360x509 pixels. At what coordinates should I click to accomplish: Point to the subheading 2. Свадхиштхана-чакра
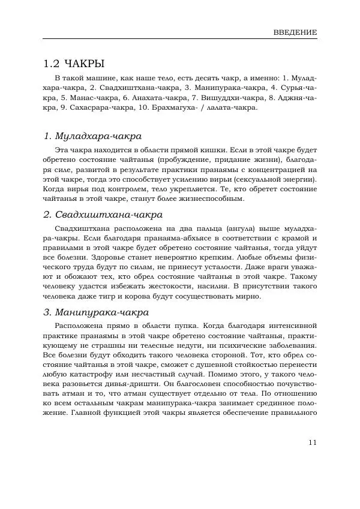(103, 214)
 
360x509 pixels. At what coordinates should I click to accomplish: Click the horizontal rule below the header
(180, 40)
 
